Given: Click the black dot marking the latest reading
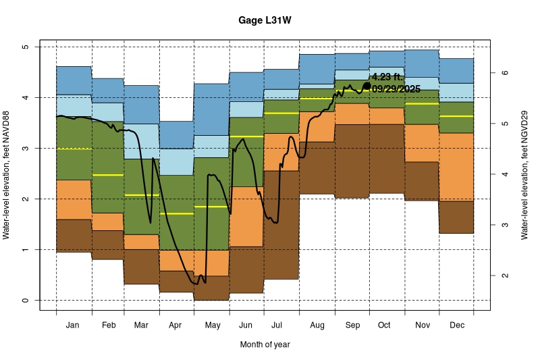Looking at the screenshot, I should pos(367,86).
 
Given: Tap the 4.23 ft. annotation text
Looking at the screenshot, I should pos(387,77).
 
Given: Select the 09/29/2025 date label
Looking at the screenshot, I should pos(396,89).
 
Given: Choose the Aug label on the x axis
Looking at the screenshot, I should pos(317,326).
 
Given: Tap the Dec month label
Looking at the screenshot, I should pos(456,326).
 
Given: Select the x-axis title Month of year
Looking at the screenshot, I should pos(265,344).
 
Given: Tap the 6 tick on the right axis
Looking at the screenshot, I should pos(504,73).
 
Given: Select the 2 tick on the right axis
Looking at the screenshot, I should pos(504,276).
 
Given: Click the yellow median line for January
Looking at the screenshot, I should pos(74,149).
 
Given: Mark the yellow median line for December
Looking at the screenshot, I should pos(456,116).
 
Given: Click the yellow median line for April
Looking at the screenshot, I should pos(176,213).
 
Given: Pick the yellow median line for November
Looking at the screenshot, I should pos(422,104).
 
